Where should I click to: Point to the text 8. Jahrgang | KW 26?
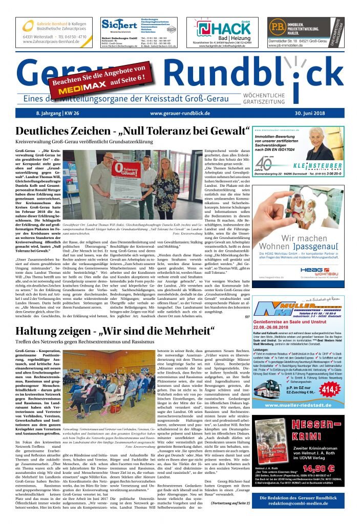tap(50, 113)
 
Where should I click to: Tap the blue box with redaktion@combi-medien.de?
tap(305, 500)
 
